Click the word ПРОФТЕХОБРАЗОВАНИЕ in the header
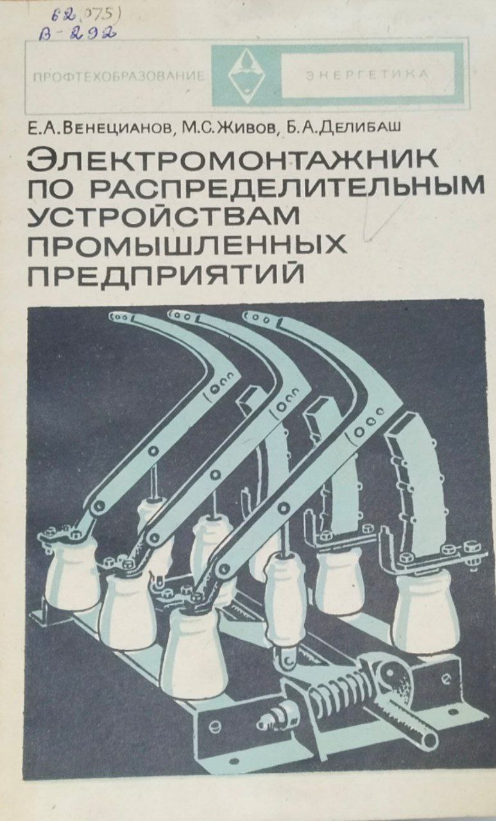coord(117,76)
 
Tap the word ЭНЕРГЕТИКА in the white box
coord(367,74)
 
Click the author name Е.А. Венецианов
coord(99,127)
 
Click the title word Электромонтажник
coord(232,160)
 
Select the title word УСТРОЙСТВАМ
coord(164,216)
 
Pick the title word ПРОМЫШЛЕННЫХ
coord(187,243)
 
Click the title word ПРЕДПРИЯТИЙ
coord(166,271)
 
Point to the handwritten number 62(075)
coord(85,15)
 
